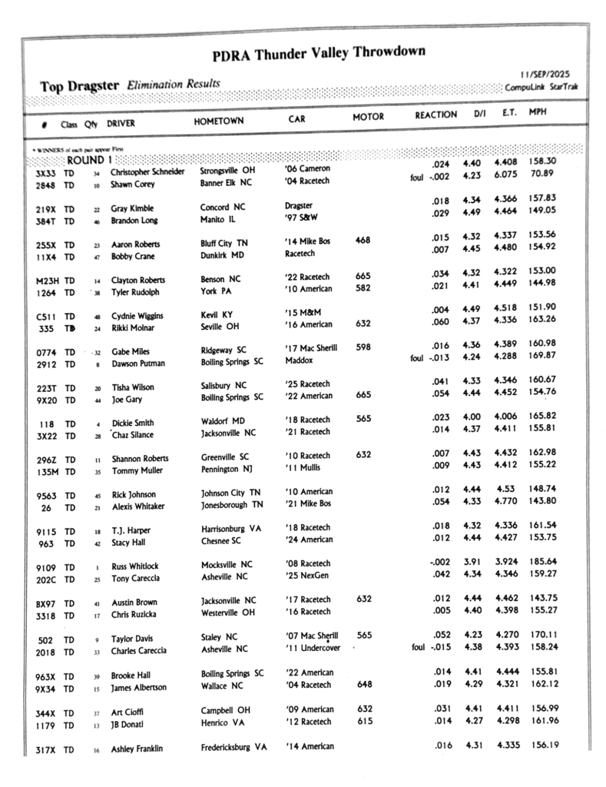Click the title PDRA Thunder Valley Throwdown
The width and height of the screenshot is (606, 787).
click(319, 54)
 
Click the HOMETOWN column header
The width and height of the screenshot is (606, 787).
click(219, 121)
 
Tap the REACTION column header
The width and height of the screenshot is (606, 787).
click(435, 115)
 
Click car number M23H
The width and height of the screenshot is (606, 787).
click(48, 281)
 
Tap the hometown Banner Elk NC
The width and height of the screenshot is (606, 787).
click(226, 183)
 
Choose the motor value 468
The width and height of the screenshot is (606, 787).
click(363, 241)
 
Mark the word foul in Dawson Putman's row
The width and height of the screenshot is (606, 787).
click(418, 357)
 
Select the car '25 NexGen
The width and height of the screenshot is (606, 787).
click(307, 576)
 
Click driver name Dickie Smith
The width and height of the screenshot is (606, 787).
click(132, 423)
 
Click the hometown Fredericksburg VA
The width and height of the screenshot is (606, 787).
click(233, 748)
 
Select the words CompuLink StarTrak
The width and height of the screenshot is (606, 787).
click(541, 87)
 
